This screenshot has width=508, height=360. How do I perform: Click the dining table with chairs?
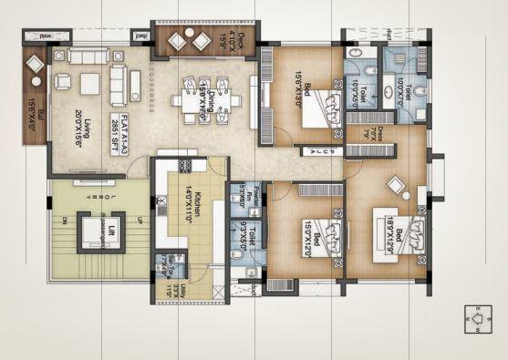tap(207, 98)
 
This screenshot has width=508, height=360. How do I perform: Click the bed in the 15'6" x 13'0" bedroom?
tap(316, 108)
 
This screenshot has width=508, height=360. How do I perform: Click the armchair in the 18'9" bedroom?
tap(398, 186)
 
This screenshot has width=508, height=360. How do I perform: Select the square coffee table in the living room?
tap(88, 85)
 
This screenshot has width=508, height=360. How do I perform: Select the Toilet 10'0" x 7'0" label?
tap(401, 91)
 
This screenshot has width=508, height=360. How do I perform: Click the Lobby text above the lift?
tap(88, 187)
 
